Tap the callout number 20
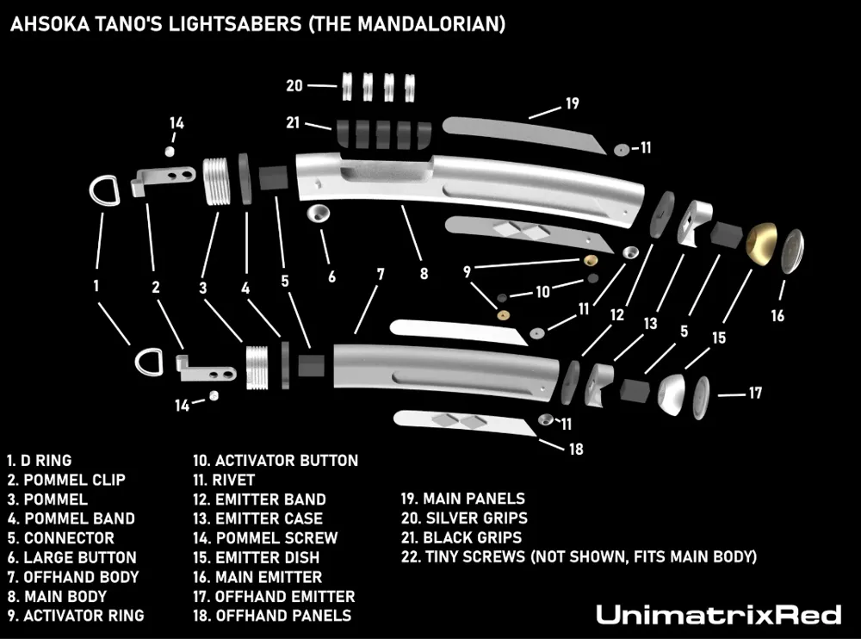point(294,85)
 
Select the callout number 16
point(777,316)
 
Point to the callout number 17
point(754,394)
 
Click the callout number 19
point(572,103)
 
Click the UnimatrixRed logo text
point(718,614)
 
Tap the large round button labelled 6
point(320,214)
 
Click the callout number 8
point(423,276)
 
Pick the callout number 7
point(380,276)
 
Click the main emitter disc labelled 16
point(790,250)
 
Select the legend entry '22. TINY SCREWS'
point(579,557)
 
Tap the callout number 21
point(293,122)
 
